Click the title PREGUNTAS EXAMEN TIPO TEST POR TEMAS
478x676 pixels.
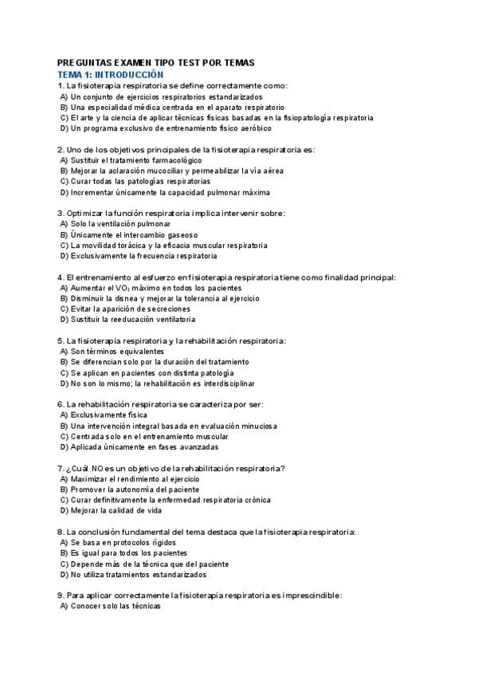coord(156,63)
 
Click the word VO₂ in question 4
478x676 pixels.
coord(121,288)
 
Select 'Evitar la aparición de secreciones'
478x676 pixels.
coord(130,309)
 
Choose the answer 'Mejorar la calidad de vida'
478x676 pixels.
coord(116,511)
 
